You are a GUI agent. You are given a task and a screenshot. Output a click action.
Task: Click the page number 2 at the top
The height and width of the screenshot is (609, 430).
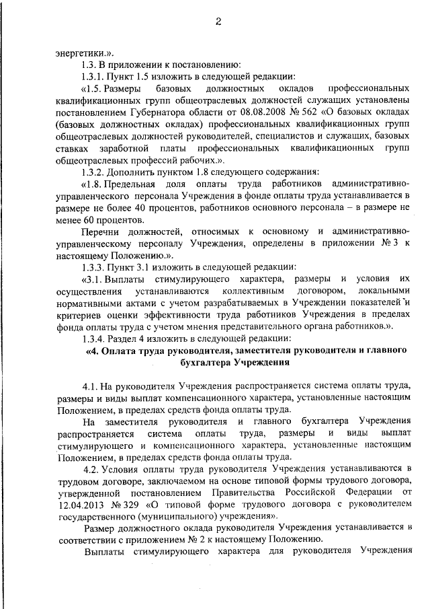coord(218,21)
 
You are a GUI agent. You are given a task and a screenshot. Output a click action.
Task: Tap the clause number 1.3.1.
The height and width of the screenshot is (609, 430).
coord(93,77)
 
